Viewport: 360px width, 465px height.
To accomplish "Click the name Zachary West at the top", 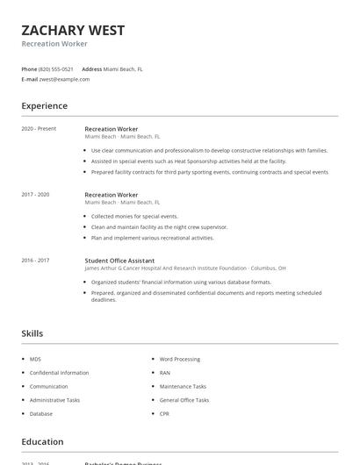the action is click(73, 31).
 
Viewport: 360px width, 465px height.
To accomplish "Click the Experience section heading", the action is click(44, 106).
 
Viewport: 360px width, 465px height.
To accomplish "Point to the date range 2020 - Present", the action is click(39, 129).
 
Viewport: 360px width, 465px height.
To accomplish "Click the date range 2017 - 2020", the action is click(36, 194).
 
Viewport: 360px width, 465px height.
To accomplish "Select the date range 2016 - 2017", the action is click(36, 261).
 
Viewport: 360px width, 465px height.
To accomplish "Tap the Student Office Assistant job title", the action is click(119, 261).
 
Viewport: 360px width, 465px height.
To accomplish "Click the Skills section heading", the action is click(32, 333).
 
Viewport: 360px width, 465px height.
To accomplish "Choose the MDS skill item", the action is click(35, 360).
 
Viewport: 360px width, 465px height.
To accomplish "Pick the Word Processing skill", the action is click(179, 360).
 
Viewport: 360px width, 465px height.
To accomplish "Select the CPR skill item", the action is click(165, 413).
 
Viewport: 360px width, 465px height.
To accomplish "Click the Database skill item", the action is click(41, 413).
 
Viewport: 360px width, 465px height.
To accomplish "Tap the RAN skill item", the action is click(165, 373).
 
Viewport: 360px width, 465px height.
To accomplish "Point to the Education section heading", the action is click(42, 442).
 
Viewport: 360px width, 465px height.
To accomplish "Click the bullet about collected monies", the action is click(134, 216).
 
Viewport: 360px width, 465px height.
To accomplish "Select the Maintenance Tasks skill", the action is click(183, 386).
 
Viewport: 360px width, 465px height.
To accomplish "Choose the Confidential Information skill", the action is click(59, 373).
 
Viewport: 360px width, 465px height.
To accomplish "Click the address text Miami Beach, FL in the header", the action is click(123, 68).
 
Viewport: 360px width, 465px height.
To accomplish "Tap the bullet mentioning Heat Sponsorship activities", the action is click(176, 161).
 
